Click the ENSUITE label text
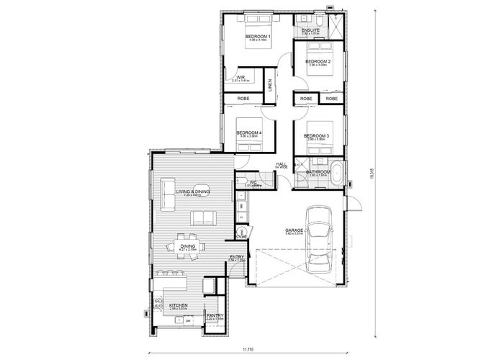[311, 30]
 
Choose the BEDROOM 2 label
[318, 62]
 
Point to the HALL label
[282, 164]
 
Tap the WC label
[253, 182]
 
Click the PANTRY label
[215, 315]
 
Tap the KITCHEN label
[178, 305]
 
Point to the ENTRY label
[236, 257]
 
